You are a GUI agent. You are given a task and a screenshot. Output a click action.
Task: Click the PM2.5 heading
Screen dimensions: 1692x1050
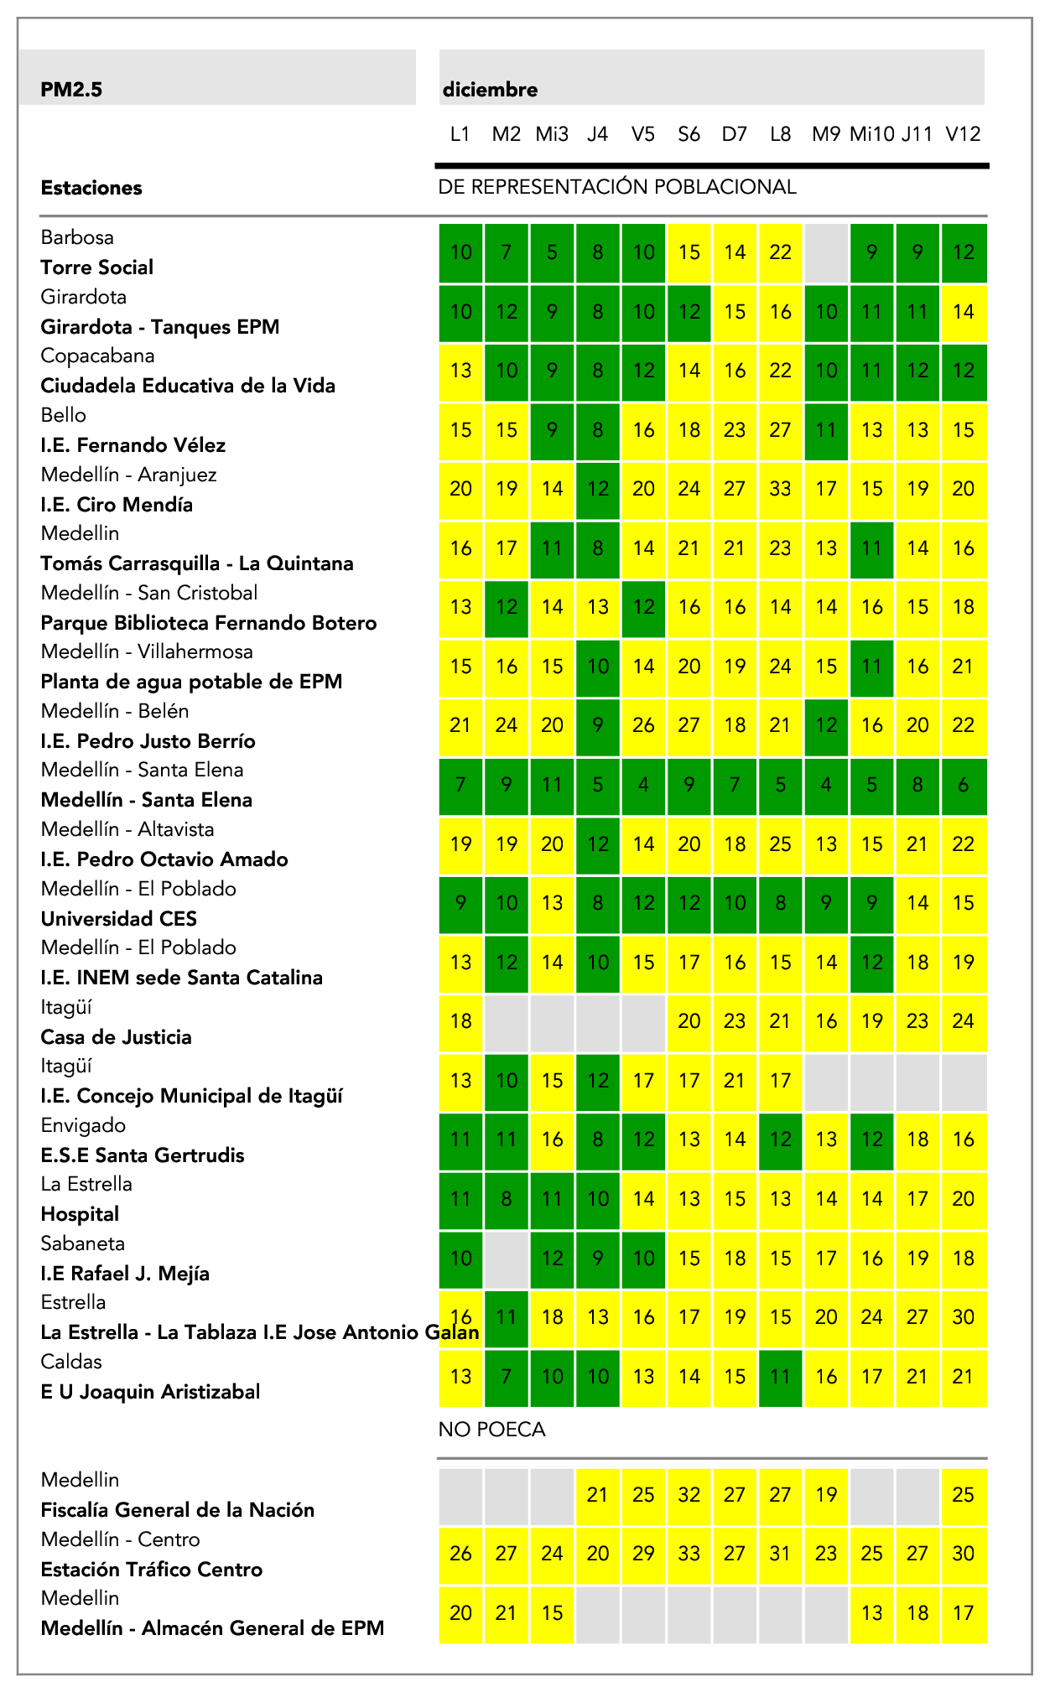point(71,90)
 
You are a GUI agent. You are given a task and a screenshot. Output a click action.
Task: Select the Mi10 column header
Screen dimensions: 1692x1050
point(871,134)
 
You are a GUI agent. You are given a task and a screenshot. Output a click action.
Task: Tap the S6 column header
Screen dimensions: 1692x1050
point(689,134)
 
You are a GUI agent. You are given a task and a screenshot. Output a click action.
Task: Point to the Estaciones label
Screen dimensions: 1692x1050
point(91,188)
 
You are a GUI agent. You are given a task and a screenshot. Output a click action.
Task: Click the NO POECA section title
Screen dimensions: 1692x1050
point(491,1430)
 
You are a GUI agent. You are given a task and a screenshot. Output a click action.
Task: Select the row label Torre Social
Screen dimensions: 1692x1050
point(97,267)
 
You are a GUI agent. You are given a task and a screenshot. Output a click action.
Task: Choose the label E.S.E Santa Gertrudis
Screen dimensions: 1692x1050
point(143,1155)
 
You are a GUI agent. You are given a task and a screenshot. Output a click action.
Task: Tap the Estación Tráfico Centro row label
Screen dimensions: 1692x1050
point(152,1570)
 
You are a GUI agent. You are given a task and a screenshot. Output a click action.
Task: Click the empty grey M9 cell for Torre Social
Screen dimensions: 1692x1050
point(826,252)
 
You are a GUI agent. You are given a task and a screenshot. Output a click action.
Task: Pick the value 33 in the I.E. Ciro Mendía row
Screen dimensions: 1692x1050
point(780,489)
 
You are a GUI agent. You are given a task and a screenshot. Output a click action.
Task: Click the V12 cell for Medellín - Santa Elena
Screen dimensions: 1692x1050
point(963,786)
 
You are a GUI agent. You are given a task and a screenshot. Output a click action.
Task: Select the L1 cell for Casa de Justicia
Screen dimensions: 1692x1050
point(461,1021)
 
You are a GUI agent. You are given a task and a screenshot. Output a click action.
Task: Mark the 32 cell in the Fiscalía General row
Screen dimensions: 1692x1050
point(689,1495)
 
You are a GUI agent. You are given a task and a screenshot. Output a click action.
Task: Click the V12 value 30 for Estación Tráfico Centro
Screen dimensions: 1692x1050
point(963,1554)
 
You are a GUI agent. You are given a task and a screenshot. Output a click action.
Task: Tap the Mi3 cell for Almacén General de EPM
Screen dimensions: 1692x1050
point(552,1613)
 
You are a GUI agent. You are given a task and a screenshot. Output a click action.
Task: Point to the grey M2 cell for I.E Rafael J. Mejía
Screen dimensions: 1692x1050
point(507,1259)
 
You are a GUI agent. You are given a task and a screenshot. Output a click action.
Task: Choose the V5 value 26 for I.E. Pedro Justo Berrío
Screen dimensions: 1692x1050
point(643,725)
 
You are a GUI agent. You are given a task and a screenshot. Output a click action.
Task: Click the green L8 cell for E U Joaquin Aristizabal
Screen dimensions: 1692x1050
point(780,1377)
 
